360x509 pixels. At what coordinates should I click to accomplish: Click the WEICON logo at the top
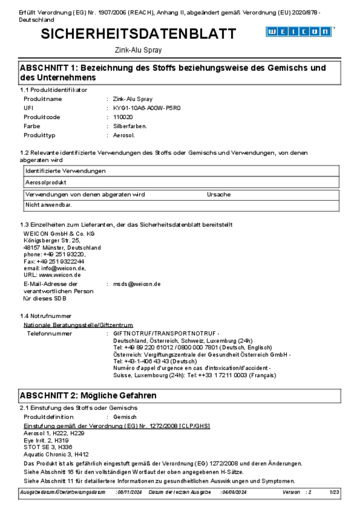click(x=299, y=32)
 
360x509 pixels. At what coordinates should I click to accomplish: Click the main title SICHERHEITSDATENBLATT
click(x=138, y=34)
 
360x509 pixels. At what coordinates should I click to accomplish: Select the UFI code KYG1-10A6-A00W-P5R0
click(x=147, y=108)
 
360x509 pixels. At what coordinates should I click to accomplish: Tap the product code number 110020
click(x=123, y=117)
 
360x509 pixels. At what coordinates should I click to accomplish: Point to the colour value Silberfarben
click(x=130, y=126)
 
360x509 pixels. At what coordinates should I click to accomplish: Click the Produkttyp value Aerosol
click(x=124, y=135)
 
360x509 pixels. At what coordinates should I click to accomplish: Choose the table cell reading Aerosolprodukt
click(x=46, y=182)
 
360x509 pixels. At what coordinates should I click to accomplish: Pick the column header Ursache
click(x=219, y=195)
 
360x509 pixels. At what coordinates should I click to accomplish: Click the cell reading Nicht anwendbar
click(x=49, y=205)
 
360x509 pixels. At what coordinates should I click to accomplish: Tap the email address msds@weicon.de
click(x=137, y=284)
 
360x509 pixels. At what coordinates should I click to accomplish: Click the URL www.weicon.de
click(x=60, y=275)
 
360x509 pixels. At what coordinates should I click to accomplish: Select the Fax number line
click(x=54, y=261)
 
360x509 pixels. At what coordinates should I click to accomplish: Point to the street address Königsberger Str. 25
click(x=52, y=240)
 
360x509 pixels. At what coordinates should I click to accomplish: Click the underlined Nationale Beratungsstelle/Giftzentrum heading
click(x=78, y=325)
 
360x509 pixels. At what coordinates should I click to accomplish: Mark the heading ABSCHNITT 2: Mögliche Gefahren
click(x=88, y=395)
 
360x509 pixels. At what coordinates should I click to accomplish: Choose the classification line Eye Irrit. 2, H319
click(x=46, y=440)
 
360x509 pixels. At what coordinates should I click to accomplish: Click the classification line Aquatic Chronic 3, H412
click(x=56, y=454)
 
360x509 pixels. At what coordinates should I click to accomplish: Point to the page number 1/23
click(x=334, y=492)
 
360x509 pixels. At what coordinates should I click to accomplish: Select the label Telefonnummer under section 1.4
click(x=49, y=333)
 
